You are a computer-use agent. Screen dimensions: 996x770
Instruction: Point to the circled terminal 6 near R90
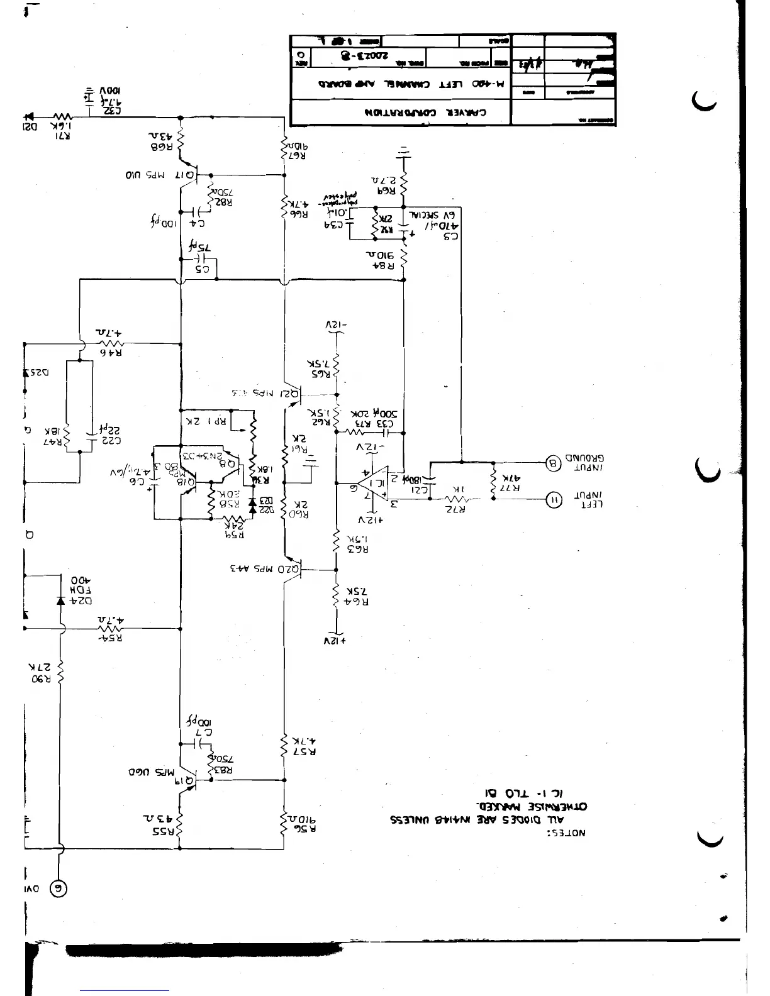(x=59, y=889)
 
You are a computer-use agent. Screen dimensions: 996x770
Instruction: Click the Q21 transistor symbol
(x=294, y=396)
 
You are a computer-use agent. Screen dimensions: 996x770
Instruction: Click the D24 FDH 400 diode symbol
(x=60, y=600)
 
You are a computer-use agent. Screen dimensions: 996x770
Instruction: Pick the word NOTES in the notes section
(x=569, y=833)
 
